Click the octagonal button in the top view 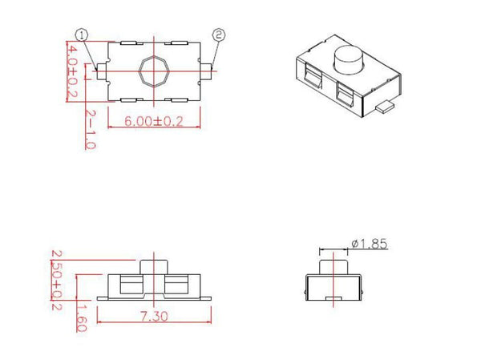(152, 72)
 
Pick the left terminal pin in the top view (101, 72)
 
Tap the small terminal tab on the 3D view (386, 104)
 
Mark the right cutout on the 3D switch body (346, 95)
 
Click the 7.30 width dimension (154, 317)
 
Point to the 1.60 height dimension (81, 312)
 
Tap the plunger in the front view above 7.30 (152, 265)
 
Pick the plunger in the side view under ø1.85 (333, 264)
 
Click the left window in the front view (129, 285)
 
